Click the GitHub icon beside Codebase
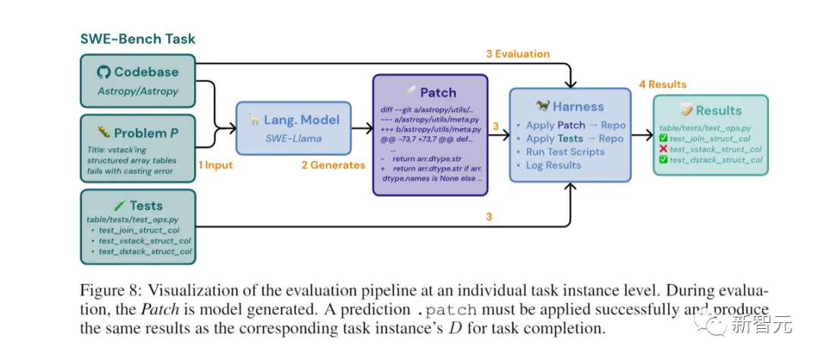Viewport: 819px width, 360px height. [x=104, y=72]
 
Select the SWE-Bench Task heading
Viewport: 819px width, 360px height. [x=138, y=39]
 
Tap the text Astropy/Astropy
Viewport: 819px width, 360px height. [x=138, y=91]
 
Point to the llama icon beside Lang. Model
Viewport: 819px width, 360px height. [x=254, y=119]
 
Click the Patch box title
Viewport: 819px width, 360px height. [x=438, y=93]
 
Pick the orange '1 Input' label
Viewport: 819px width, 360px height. [x=215, y=165]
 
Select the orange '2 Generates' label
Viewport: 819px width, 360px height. [x=333, y=165]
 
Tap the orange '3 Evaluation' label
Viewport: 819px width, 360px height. [x=518, y=54]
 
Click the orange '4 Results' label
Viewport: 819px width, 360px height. [x=663, y=84]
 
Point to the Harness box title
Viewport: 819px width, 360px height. [x=578, y=106]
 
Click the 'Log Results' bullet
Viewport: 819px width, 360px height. [x=553, y=165]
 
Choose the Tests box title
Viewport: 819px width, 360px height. [x=146, y=206]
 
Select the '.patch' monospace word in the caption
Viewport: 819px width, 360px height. [x=448, y=311]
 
